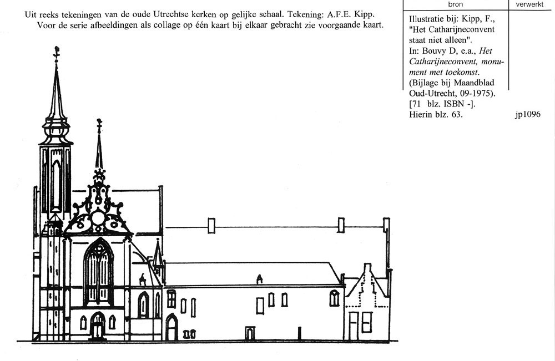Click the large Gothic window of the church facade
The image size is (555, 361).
98,272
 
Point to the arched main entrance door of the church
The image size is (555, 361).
98,326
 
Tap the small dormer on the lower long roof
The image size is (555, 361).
259,278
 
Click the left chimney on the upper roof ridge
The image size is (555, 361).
211,224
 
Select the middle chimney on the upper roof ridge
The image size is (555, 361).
341,224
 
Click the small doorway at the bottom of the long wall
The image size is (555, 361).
250,334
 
